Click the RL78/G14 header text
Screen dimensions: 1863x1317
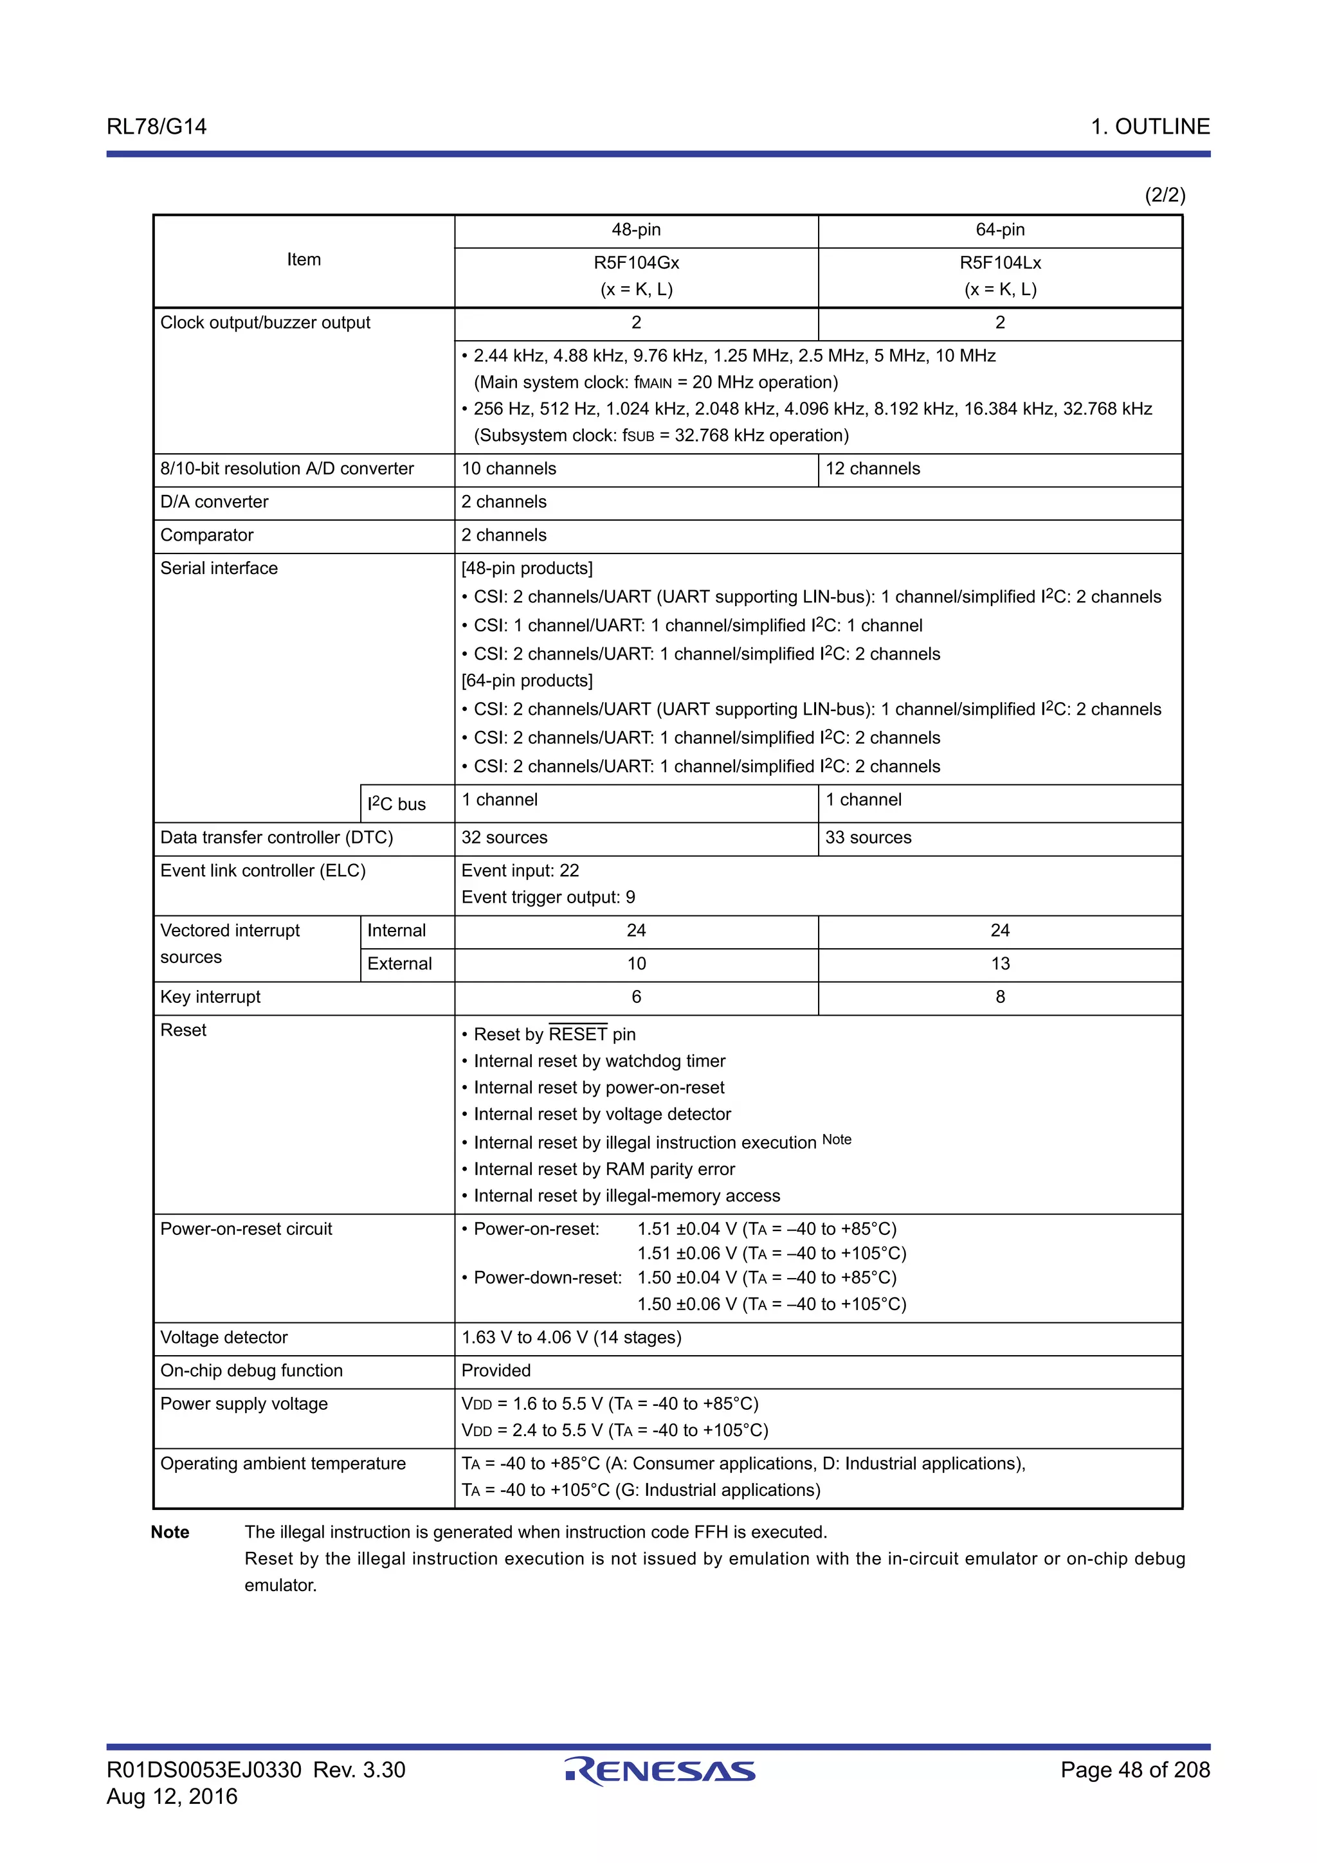coord(157,127)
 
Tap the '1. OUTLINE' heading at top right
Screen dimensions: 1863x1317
coord(1150,127)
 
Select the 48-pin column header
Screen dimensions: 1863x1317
coord(635,230)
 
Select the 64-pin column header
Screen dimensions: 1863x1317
coord(1000,230)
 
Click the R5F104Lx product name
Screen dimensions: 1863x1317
coord(1000,263)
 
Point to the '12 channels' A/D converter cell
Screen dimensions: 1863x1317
coord(873,469)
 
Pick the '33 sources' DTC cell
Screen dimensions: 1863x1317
coord(867,838)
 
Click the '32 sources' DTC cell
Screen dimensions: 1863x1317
coord(504,838)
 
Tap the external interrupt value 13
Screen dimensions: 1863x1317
coord(1000,964)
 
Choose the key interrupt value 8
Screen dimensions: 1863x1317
coord(1000,997)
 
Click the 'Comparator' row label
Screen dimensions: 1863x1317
coord(207,535)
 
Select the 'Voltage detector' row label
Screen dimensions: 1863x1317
coord(224,1337)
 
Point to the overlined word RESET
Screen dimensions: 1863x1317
coord(577,1034)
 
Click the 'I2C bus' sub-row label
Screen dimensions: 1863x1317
coord(396,804)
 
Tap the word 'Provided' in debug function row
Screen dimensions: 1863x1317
coord(496,1371)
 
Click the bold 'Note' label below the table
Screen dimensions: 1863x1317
coord(170,1532)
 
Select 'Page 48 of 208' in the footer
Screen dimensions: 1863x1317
coord(1134,1770)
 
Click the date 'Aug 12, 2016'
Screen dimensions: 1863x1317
coord(172,1796)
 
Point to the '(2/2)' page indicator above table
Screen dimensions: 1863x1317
coord(1165,195)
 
